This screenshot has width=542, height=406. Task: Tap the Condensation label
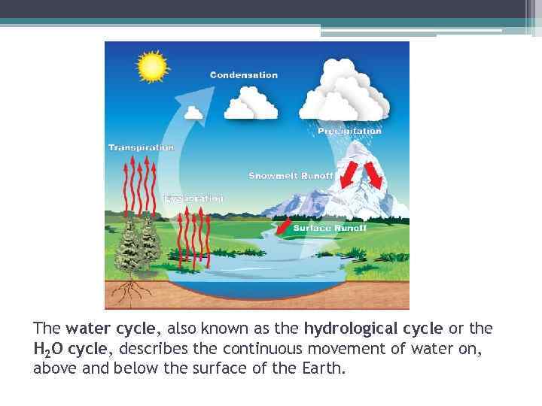click(x=243, y=75)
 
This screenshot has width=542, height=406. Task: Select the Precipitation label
click(x=349, y=131)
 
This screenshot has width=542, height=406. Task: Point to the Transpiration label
click(x=141, y=147)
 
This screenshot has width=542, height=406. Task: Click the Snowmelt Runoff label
click(x=291, y=176)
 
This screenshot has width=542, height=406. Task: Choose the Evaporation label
click(x=193, y=198)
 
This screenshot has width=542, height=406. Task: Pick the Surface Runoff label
click(x=329, y=228)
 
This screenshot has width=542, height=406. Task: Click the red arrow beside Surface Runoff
click(x=282, y=226)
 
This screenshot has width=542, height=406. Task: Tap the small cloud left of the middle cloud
click(x=193, y=113)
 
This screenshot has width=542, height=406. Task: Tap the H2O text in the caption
click(x=49, y=349)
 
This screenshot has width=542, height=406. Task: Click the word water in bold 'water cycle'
click(x=85, y=329)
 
